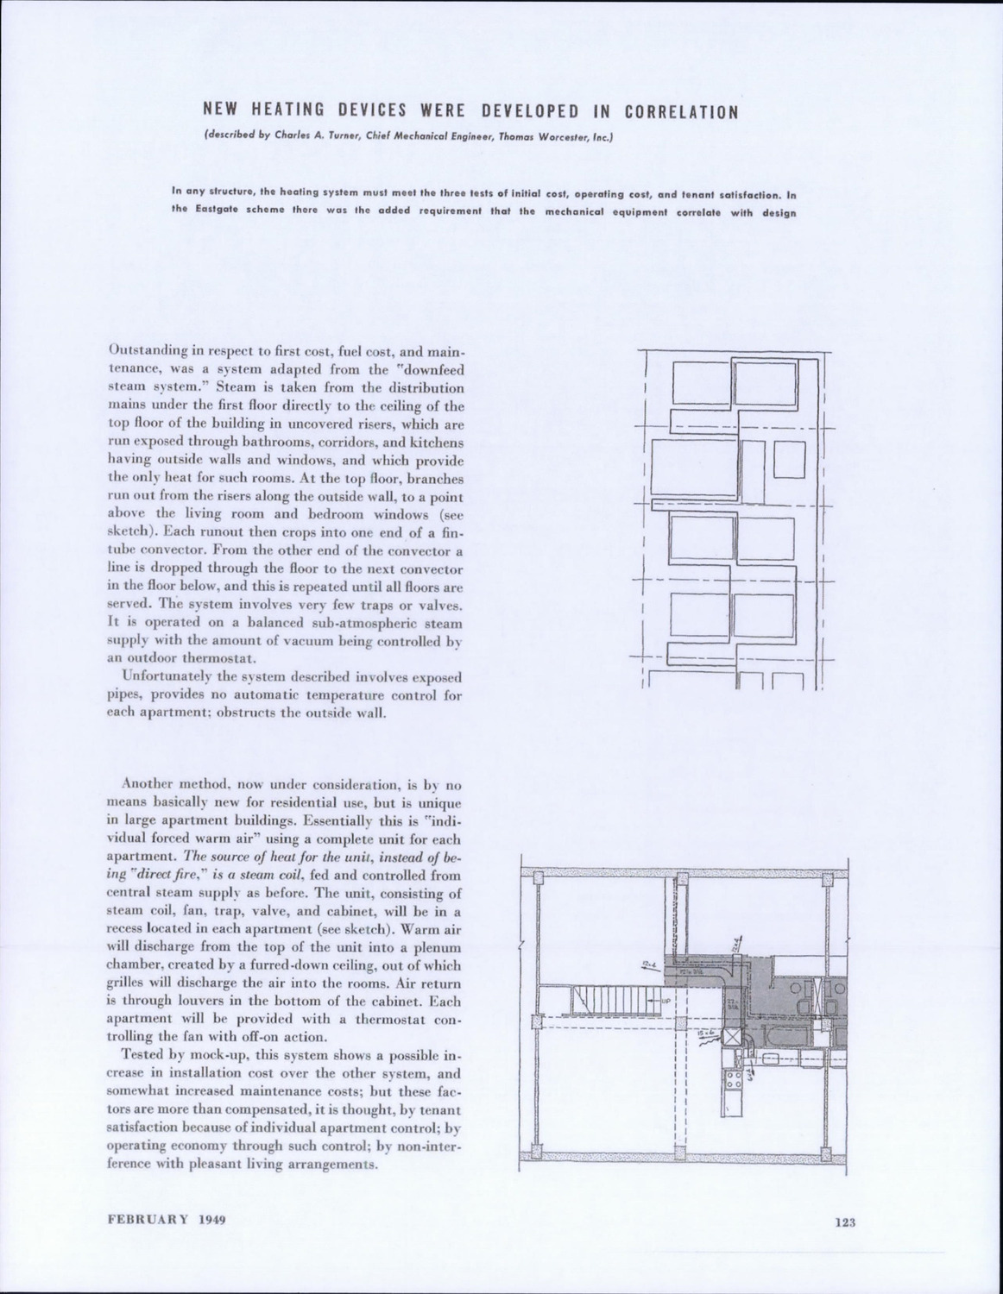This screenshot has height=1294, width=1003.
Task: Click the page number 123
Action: [x=844, y=1222]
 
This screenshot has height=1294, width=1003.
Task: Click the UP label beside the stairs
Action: [x=665, y=1002]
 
